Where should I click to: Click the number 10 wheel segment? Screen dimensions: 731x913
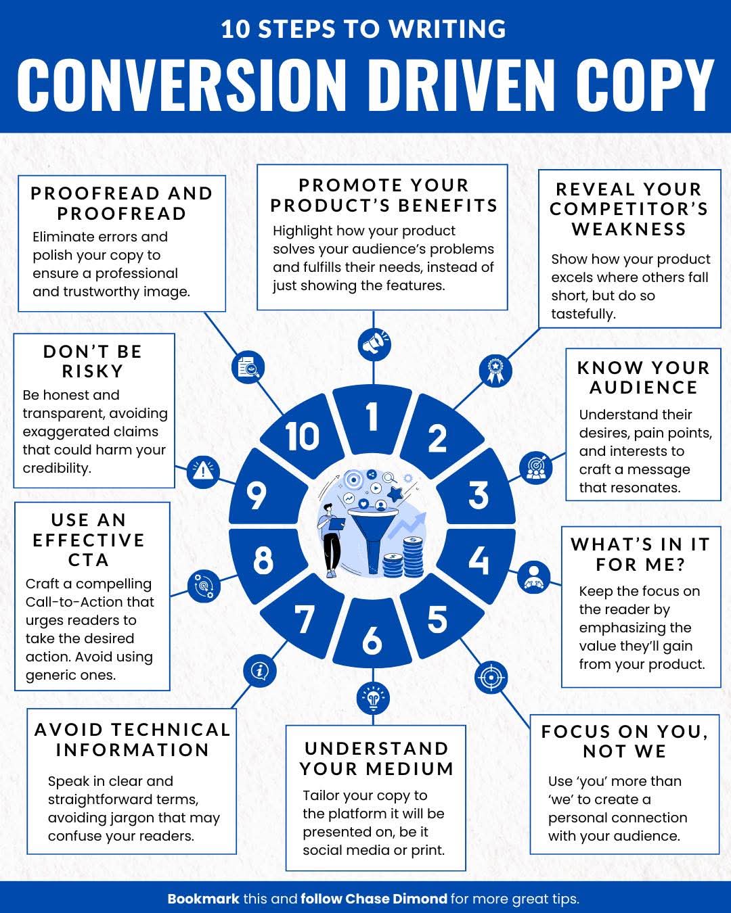tap(303, 436)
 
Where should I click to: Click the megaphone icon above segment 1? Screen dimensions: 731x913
tap(374, 344)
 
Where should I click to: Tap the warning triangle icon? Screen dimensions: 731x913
tap(203, 472)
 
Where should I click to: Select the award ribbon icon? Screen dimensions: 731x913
tap(495, 371)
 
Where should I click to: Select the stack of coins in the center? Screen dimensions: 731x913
tap(404, 557)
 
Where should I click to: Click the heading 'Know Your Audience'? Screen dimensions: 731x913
tap(644, 377)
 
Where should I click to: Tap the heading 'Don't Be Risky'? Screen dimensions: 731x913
tap(93, 361)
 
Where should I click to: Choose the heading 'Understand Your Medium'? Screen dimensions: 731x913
tap(376, 759)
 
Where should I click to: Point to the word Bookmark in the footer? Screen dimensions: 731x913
tap(204, 899)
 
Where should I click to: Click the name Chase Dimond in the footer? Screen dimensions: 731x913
tap(396, 899)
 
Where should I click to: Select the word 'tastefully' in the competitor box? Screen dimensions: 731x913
tap(583, 314)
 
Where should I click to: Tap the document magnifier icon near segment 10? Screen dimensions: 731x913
tap(248, 367)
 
